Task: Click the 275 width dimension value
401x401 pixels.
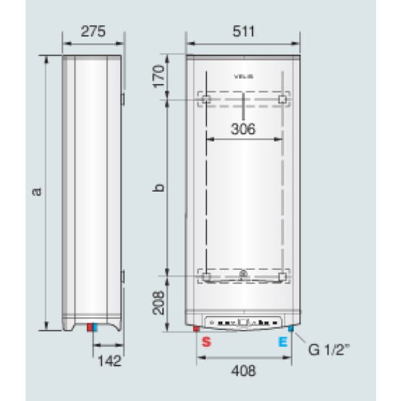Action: point(93,32)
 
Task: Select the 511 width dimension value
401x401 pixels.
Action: point(243,32)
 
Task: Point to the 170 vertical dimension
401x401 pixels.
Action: point(158,76)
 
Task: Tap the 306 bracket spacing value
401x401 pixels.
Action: point(243,129)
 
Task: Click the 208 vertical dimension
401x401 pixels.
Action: point(158,303)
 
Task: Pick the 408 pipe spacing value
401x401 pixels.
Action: point(243,371)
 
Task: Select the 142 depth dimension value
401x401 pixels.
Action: point(110,360)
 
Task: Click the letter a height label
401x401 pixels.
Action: point(36,191)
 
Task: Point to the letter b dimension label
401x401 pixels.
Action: point(158,188)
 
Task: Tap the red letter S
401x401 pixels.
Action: point(206,342)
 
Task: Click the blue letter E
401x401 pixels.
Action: point(283,342)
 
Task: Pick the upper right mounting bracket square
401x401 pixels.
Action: point(282,99)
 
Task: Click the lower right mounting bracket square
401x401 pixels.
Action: point(282,277)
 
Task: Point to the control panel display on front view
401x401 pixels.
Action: point(243,322)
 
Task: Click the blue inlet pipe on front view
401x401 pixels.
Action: point(291,329)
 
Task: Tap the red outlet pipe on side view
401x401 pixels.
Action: point(90,328)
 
